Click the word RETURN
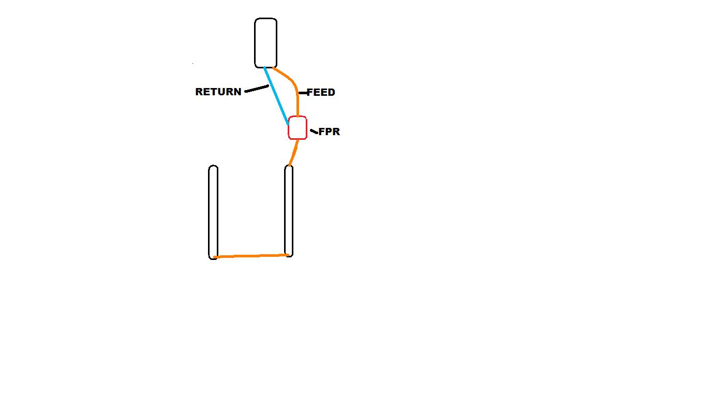218,92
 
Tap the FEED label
321,92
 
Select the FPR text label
329,132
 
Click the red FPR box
298,128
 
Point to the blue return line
276,96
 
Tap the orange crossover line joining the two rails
251,256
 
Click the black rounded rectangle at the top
265,43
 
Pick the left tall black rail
213,212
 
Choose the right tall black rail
289,211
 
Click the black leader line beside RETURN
257,89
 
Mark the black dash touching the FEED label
304,93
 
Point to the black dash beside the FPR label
314,132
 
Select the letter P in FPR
329,132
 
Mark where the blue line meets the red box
288,124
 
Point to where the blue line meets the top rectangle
264,68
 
